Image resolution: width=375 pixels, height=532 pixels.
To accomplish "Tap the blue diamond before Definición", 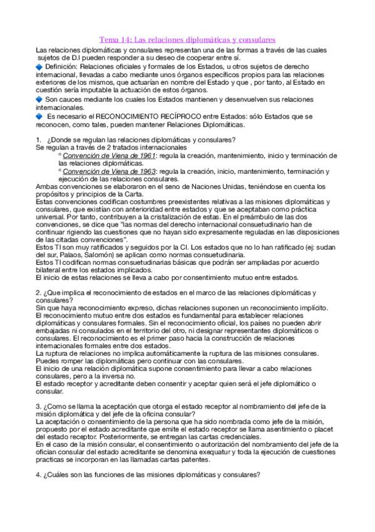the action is tap(39, 66).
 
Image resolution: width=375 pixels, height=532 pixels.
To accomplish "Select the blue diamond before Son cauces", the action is tap(39, 99).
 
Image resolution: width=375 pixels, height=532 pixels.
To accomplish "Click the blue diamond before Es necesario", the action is tap(39, 116).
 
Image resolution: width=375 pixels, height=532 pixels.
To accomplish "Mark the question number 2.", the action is tap(38, 293).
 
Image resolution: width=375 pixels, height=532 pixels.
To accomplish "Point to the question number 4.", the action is tap(38, 475).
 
